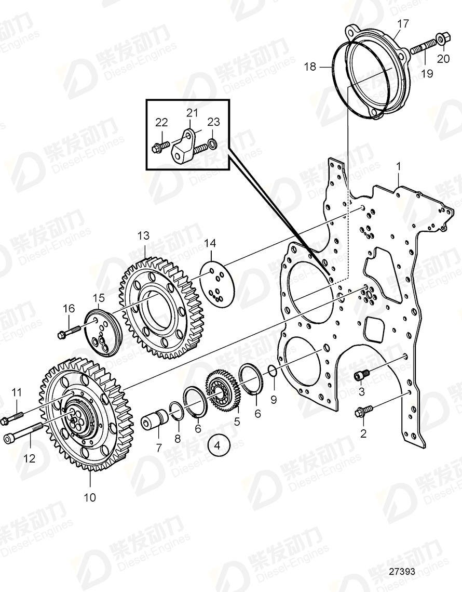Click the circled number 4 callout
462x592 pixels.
point(218,445)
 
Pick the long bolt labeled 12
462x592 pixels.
point(24,433)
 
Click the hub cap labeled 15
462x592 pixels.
point(103,333)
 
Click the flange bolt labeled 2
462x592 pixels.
point(361,413)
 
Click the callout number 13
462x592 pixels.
point(143,236)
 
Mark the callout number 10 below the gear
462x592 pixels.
point(90,497)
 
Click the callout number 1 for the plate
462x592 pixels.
point(398,167)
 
